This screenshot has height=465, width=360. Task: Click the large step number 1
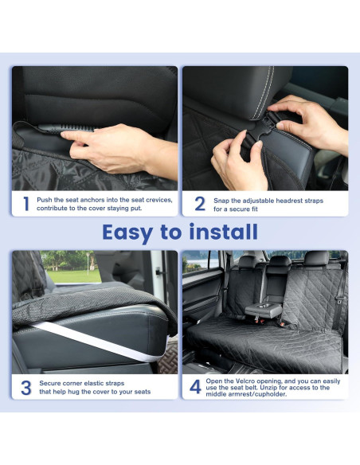[x=25, y=205]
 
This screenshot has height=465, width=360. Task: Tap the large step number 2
[x=200, y=205]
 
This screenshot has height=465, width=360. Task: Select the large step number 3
[x=25, y=387]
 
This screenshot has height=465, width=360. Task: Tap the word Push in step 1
[x=45, y=200]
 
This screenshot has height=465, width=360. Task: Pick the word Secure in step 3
[x=51, y=383]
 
